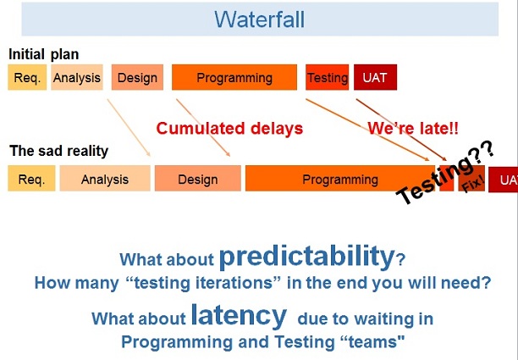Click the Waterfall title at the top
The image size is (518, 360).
[258, 19]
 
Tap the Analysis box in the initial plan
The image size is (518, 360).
[76, 78]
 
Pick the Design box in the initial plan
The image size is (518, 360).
[137, 78]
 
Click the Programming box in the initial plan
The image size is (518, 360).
[234, 78]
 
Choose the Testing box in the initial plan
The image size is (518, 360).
[327, 78]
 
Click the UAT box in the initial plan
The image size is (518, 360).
[374, 78]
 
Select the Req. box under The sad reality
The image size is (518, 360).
[31, 179]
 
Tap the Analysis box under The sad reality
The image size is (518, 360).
[105, 179]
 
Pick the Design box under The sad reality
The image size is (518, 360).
[197, 179]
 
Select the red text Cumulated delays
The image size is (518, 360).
[229, 129]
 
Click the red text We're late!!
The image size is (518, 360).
[413, 129]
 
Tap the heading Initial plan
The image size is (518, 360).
[43, 54]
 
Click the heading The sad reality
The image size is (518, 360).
[58, 152]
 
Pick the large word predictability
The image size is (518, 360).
[306, 257]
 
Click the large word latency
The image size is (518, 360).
[238, 316]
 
